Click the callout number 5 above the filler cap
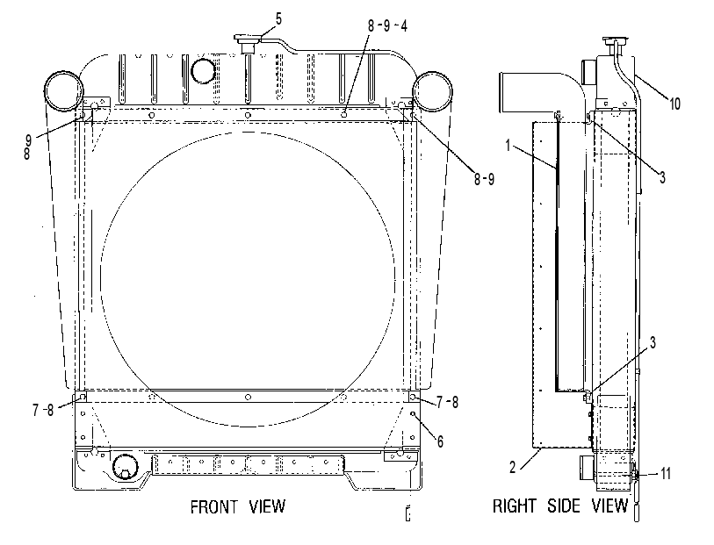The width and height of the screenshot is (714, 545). point(278,19)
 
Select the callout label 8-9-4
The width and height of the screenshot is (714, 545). point(387,26)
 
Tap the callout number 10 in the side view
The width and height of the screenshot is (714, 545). point(674,104)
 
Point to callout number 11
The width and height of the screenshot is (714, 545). point(666,474)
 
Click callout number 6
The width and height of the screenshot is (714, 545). point(440,441)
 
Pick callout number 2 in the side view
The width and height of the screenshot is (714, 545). point(513,468)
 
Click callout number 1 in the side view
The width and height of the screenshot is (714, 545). point(508,146)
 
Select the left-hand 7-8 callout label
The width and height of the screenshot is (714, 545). point(43,410)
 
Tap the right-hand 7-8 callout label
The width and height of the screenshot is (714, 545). point(448,402)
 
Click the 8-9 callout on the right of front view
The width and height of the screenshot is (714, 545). point(484,179)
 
